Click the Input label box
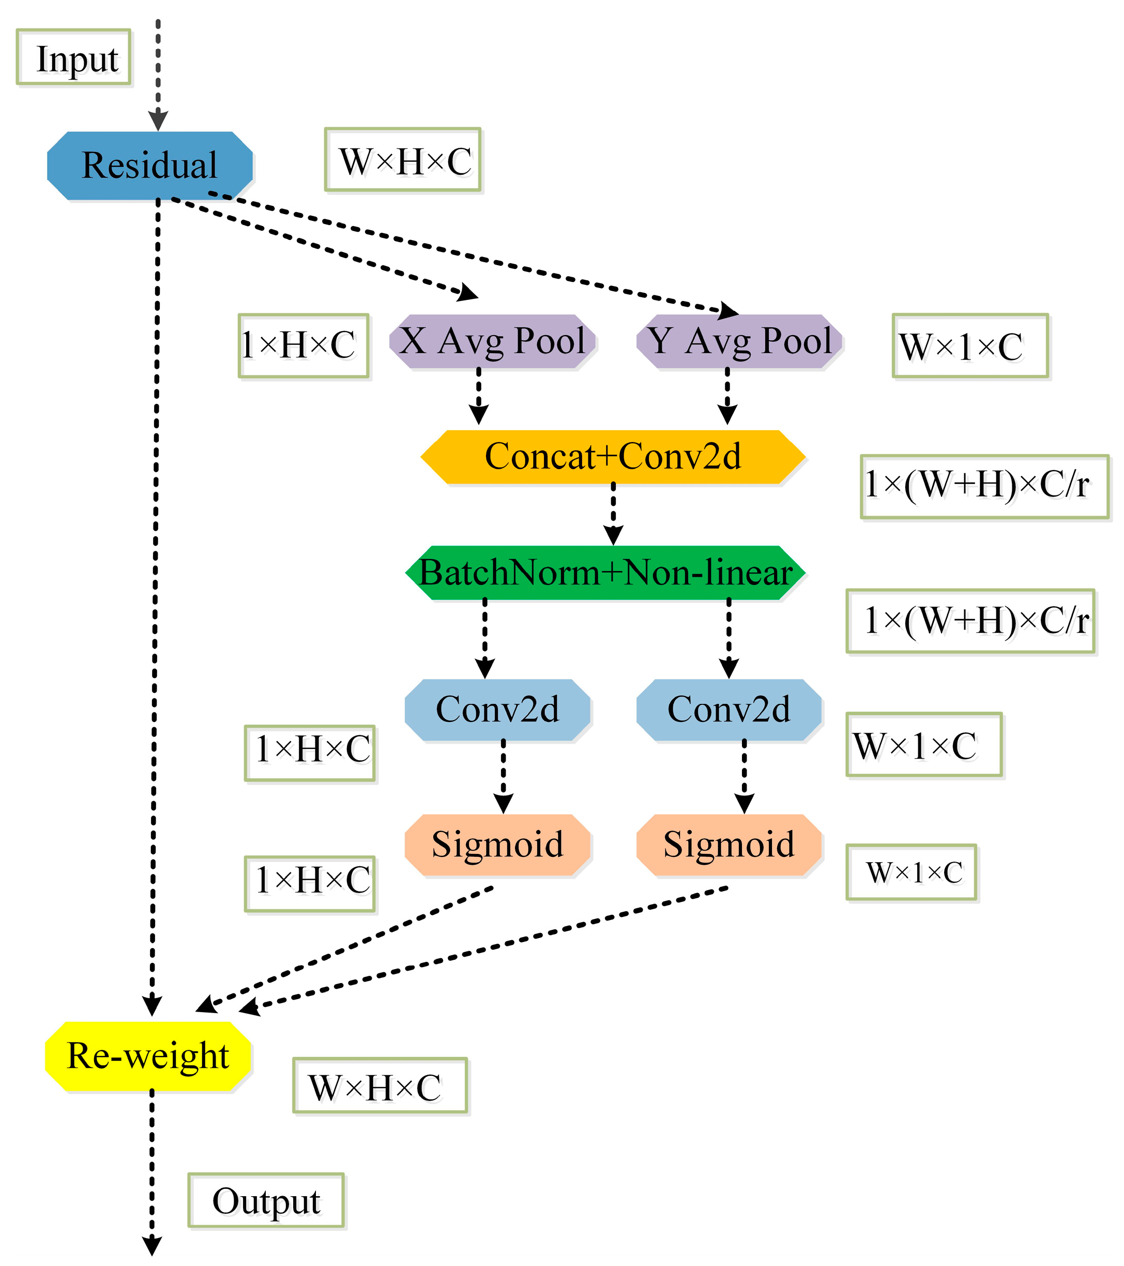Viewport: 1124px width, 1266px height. tap(74, 57)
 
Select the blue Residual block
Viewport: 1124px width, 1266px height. tap(150, 165)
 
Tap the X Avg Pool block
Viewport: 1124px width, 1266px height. tap(492, 341)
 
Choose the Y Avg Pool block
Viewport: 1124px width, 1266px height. tap(739, 341)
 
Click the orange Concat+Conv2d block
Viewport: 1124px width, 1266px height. tap(613, 457)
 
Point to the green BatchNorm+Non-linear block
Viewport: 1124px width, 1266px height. tap(605, 572)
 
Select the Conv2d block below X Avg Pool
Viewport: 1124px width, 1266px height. tap(497, 710)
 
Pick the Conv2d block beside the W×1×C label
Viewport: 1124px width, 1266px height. tap(729, 710)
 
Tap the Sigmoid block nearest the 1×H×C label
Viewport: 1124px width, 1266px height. tap(497, 845)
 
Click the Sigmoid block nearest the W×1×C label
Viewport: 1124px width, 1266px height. tap(729, 845)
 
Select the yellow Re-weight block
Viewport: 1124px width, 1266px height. tap(148, 1056)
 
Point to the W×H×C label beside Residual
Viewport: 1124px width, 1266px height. tap(403, 160)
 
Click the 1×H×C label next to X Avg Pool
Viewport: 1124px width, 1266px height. tap(304, 345)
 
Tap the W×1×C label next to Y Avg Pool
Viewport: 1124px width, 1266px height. tap(970, 345)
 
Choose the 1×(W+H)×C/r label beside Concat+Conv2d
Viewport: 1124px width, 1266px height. tap(984, 486)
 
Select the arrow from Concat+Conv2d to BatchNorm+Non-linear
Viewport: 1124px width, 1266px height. tap(613, 514)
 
